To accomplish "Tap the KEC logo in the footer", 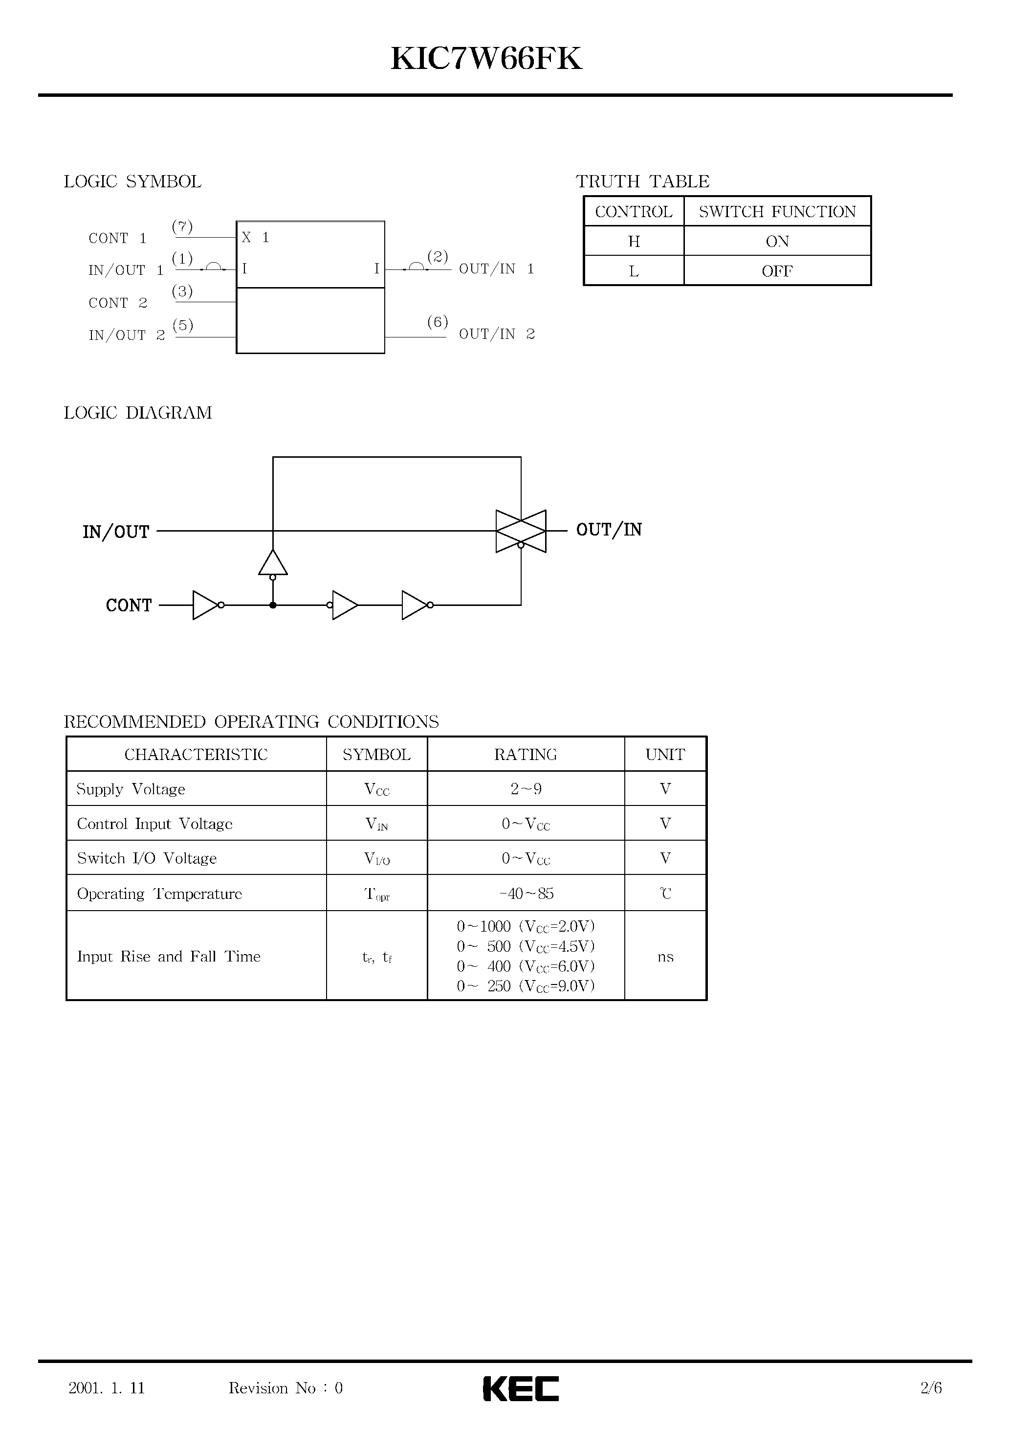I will point(521,1388).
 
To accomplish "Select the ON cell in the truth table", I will point(777,241).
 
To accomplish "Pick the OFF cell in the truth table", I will point(777,271).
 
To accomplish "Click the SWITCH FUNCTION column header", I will point(777,212).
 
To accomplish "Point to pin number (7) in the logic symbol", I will point(182,227).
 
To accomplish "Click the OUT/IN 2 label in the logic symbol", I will point(497,335).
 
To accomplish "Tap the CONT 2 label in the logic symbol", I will point(118,303).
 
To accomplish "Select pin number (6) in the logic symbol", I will point(438,322).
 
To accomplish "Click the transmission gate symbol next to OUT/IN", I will point(521,531).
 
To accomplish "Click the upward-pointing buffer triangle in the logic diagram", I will point(273,563).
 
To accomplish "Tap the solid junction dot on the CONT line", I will point(273,605).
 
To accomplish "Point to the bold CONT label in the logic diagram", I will point(128,605).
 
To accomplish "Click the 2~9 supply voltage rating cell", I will point(526,789).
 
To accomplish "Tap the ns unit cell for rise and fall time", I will point(665,956).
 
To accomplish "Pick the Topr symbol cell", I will point(377,894).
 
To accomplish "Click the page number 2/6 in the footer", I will point(931,1387).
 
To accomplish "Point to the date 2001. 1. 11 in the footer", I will point(107,1387).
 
